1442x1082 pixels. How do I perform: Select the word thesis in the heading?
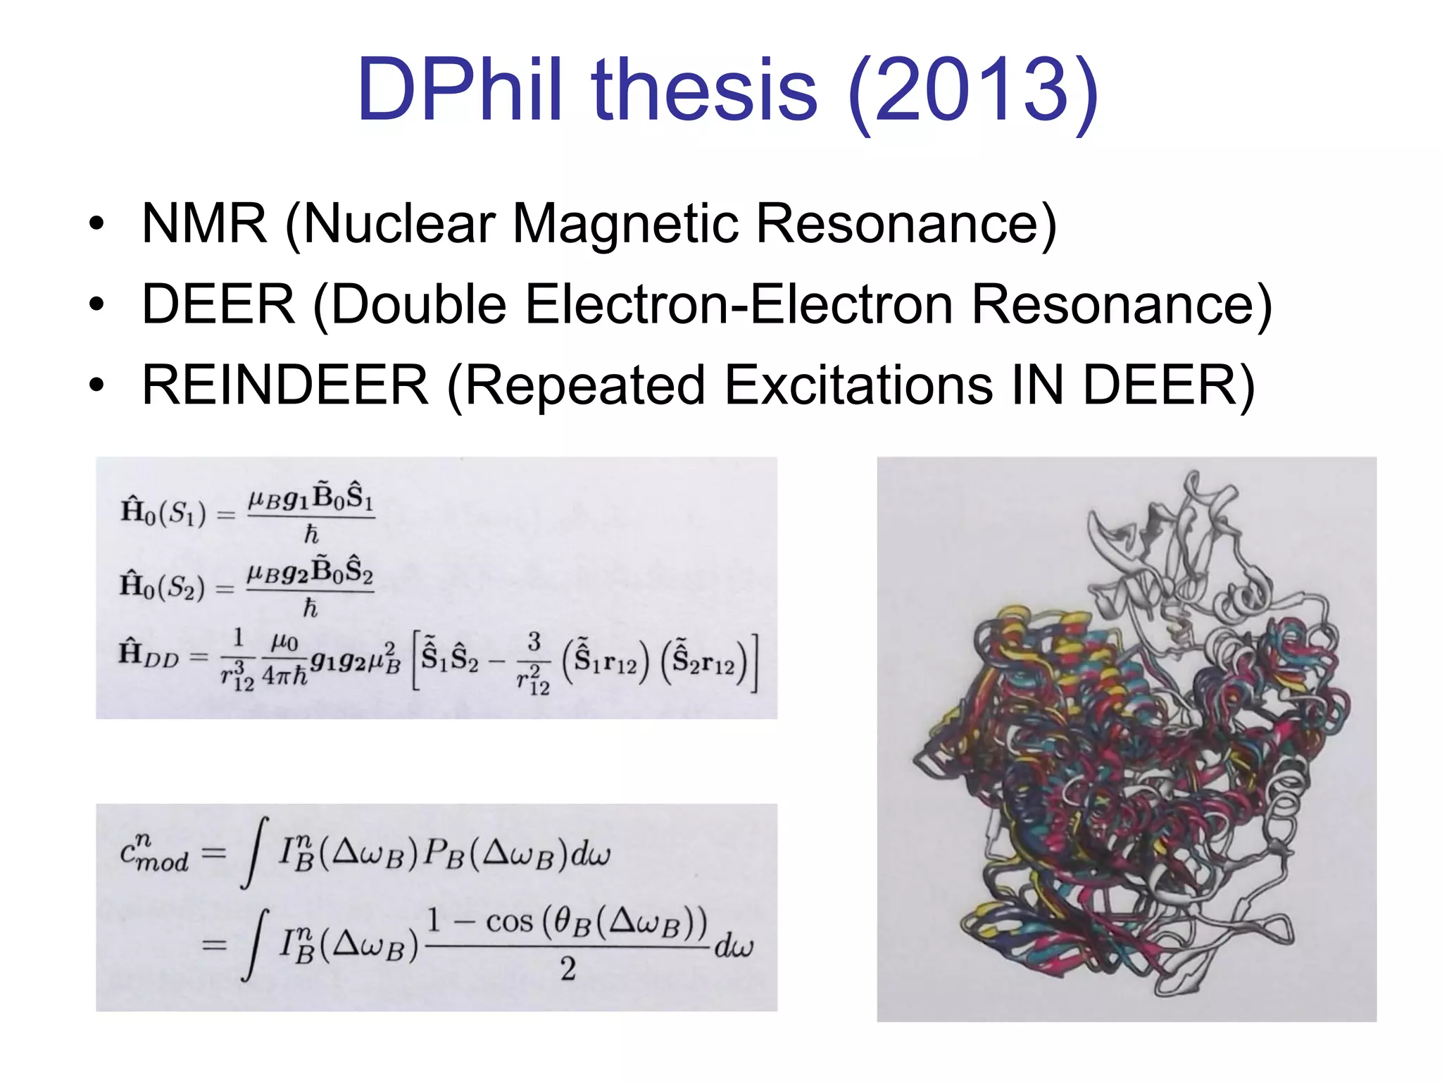706,90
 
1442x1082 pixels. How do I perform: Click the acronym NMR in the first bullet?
204,224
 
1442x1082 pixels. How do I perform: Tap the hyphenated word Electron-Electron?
739,304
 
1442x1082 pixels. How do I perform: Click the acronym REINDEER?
284,385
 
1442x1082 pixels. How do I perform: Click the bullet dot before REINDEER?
96,386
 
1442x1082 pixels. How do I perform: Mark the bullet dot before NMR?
96,225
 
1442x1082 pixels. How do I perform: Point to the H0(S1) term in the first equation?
163,512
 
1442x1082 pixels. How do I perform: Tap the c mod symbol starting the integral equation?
154,854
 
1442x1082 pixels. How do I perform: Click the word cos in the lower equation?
509,921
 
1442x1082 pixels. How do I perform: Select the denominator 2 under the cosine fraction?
568,969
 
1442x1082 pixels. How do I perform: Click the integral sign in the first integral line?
253,853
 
